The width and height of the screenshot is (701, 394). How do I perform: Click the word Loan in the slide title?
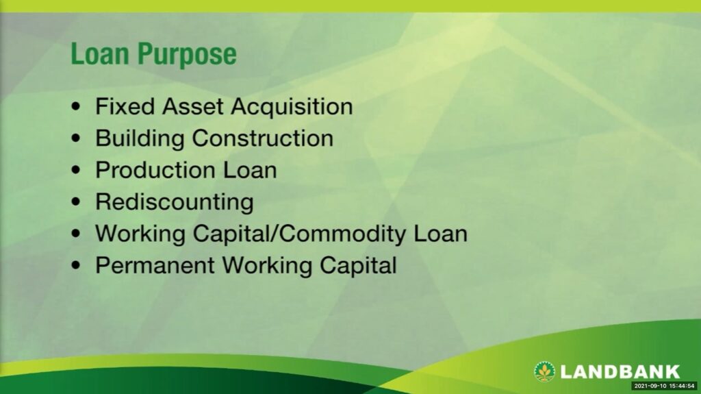click(x=100, y=53)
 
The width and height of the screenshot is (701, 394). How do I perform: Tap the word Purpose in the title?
click(x=187, y=55)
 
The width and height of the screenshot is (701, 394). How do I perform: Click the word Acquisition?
click(x=292, y=108)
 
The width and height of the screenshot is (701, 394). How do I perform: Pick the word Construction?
click(x=263, y=138)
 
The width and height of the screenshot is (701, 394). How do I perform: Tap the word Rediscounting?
click(x=175, y=202)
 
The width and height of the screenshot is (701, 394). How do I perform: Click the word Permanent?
click(x=155, y=265)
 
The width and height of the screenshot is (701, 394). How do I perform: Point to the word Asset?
click(x=192, y=107)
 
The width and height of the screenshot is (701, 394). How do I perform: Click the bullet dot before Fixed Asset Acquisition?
click(x=76, y=107)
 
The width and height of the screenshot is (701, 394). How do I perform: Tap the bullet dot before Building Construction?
click(x=76, y=138)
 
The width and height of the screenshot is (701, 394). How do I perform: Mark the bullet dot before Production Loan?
click(x=76, y=170)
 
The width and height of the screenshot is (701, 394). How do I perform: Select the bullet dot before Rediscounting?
click(x=76, y=202)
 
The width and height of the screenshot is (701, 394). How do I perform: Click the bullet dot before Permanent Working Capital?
click(x=76, y=265)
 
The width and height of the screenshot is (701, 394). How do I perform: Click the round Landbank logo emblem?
click(x=544, y=371)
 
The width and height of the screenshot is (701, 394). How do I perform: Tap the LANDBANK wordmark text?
click(x=620, y=371)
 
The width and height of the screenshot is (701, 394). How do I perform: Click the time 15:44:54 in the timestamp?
click(x=682, y=386)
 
